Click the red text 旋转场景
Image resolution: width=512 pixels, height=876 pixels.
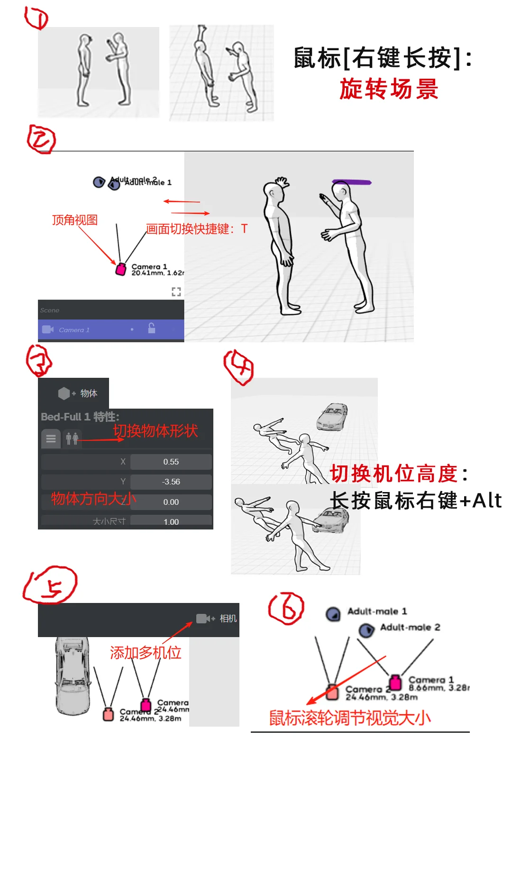coord(389,89)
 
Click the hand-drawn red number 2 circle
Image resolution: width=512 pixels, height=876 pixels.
coord(41,139)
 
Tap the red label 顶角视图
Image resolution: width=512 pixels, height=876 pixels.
coord(75,220)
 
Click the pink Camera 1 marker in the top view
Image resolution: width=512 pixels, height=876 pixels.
coord(121,269)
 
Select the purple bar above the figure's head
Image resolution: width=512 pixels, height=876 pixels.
coord(351,182)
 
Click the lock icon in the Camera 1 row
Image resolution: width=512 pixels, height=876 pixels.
coord(152,328)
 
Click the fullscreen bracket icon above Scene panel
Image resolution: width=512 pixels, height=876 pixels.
coord(176,292)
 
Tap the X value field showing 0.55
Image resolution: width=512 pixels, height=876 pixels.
coord(171,462)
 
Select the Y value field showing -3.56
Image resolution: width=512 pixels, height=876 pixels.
coord(171,482)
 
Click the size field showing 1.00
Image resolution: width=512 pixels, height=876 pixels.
coord(171,521)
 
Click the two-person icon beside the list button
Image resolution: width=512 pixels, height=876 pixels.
coord(72,438)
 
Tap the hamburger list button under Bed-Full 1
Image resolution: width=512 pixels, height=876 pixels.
coord(51,438)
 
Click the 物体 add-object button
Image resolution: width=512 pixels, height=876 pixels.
coord(78,393)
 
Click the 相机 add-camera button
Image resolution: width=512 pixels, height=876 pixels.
coord(217,619)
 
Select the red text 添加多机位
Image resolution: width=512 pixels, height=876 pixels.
coord(146,653)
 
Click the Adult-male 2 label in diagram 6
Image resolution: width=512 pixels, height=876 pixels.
coord(410,628)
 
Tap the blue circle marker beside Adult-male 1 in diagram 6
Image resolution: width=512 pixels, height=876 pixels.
coord(333,614)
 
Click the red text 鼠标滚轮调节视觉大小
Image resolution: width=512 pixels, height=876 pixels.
coord(350,718)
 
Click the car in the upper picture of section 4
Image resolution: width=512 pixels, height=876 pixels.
coord(333,417)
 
